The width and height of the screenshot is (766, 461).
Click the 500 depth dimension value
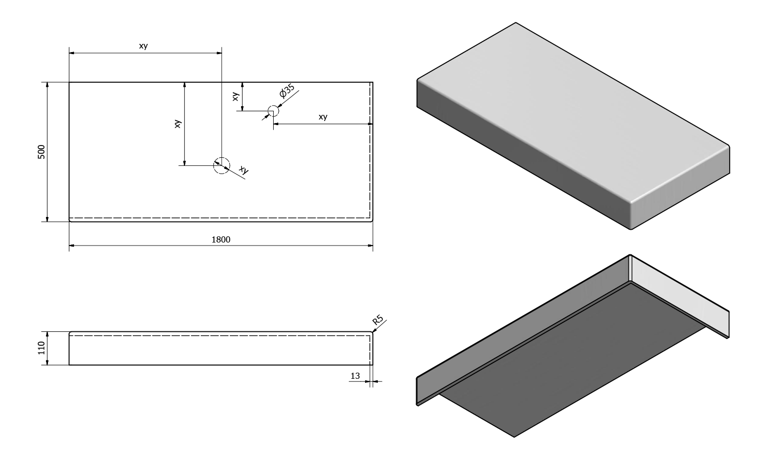[41, 152]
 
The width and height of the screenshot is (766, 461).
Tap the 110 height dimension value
[41, 348]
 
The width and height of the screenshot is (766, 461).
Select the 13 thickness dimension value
[355, 376]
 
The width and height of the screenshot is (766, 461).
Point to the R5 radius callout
[378, 320]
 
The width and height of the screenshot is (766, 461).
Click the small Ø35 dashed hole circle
[273, 111]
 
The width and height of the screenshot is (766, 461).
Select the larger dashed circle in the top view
[222, 165]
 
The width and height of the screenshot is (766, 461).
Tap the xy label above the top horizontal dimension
[143, 45]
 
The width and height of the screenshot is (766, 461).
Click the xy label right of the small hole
[323, 117]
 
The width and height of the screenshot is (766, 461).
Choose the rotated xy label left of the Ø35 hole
[235, 96]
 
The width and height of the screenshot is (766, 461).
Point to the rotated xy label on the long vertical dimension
[178, 124]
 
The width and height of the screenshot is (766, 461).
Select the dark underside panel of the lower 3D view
[572, 357]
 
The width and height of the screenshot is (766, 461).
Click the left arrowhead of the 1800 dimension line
[72, 246]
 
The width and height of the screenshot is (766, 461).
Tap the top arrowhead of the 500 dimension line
[47, 85]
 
